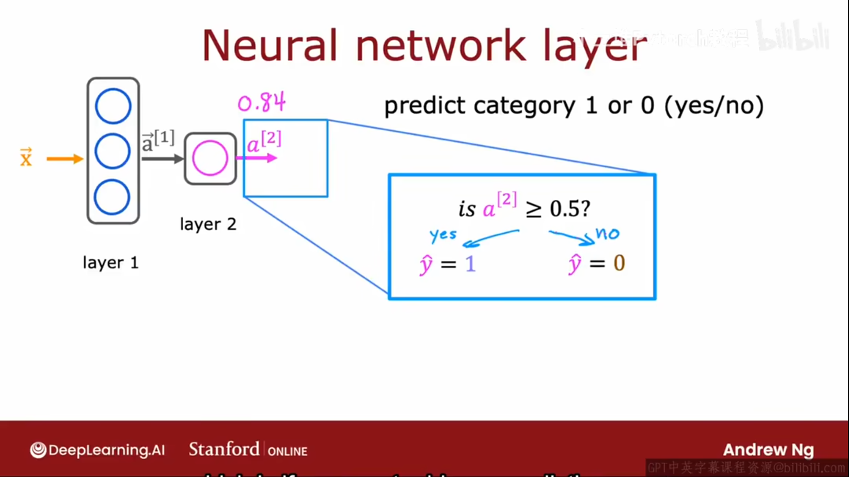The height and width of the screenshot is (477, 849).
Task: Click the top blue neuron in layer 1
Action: click(113, 106)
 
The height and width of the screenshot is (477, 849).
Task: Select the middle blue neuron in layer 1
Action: click(113, 151)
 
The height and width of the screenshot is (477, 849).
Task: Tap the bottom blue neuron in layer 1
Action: click(112, 197)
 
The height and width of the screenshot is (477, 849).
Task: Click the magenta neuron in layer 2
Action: click(210, 158)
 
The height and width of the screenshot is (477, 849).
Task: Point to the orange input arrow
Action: click(64, 158)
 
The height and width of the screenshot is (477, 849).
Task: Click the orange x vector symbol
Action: click(26, 157)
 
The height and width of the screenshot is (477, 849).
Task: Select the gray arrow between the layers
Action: click(162, 158)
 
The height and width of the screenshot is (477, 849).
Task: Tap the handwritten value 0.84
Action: click(262, 102)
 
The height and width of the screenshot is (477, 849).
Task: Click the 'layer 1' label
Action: click(110, 263)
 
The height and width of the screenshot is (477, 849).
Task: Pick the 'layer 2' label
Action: click(208, 224)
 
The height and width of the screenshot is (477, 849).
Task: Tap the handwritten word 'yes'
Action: click(443, 235)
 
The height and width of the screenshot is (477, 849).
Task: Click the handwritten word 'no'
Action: click(607, 233)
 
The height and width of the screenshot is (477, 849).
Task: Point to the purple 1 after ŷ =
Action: click(470, 264)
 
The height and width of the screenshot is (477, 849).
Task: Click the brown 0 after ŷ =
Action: click(619, 263)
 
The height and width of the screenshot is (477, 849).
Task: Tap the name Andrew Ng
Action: click(768, 450)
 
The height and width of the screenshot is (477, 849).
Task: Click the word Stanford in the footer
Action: click(224, 449)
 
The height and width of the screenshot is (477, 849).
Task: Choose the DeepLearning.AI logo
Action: click(97, 450)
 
